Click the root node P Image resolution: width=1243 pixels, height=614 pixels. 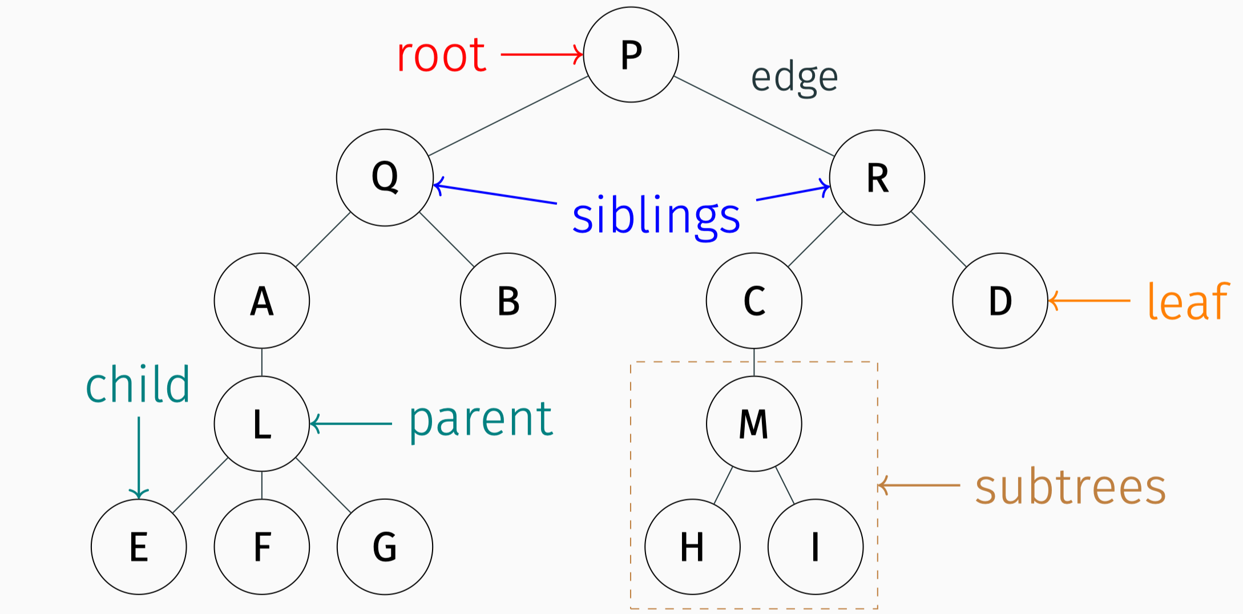coord(631,55)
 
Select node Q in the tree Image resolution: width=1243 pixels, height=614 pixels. coord(385,177)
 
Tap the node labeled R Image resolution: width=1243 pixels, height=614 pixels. coord(877,177)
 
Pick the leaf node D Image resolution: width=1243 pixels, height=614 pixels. coord(1000,301)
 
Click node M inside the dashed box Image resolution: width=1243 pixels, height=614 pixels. coord(754,424)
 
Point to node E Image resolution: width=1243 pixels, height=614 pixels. coord(139,547)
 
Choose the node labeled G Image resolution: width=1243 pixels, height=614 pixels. coord(385,547)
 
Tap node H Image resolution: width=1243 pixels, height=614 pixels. coord(692,547)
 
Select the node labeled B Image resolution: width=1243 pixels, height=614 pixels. coord(508,301)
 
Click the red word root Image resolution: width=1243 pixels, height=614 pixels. coord(441,55)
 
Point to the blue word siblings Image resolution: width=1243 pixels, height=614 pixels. coord(656,216)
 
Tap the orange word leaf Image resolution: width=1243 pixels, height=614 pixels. coord(1188,301)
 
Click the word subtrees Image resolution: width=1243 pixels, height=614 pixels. coord(1070,488)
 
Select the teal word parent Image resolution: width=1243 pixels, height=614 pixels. coord(481,419)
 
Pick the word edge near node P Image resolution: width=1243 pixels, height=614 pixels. coord(794,78)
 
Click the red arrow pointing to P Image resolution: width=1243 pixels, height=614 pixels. coord(541,55)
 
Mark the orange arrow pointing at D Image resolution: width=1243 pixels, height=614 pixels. coord(1089,300)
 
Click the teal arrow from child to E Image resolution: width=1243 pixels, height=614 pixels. coord(139,457)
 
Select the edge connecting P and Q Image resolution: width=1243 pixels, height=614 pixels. coord(508,116)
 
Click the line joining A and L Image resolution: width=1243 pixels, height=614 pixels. coord(262,362)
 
